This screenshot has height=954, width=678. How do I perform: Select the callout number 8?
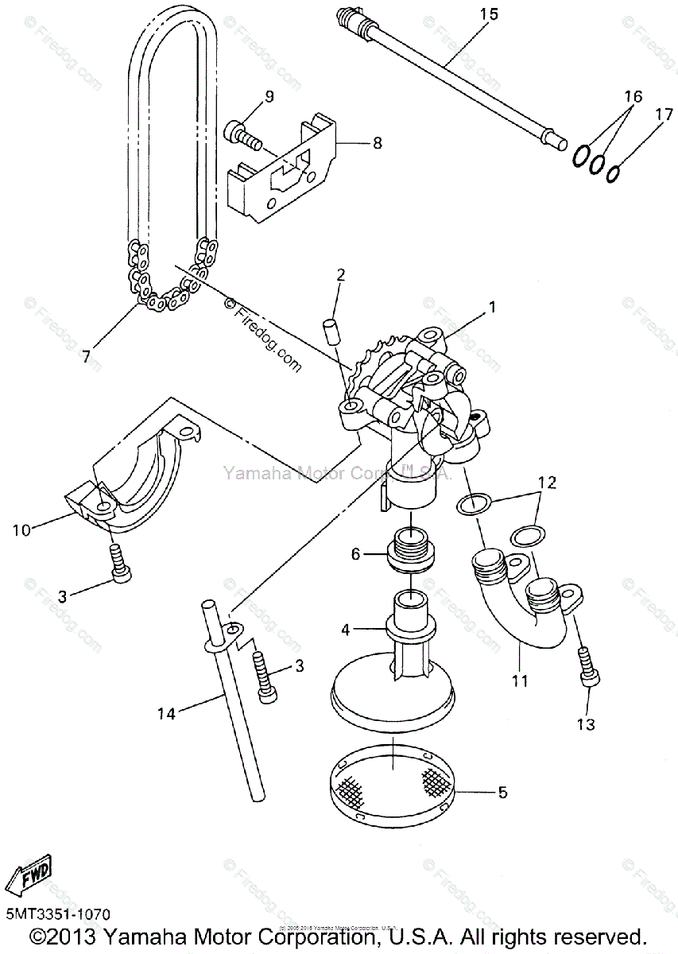coord(377,143)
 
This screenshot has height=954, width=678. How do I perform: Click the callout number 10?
coord(21,529)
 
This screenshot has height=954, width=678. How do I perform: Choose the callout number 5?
coord(502,792)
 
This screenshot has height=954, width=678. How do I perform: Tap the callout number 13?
coord(587,724)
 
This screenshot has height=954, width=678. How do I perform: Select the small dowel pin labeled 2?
coord(330,330)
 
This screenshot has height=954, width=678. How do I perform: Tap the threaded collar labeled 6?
coord(410,554)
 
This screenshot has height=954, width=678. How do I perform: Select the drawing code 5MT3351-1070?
coord(57,915)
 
